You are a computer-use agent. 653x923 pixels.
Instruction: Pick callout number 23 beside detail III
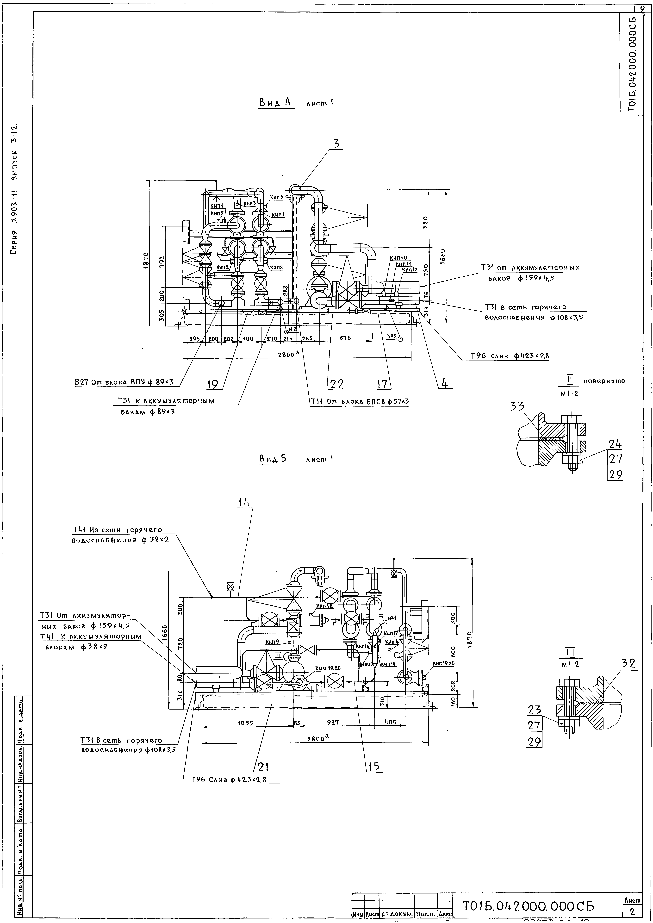(x=534, y=710)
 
